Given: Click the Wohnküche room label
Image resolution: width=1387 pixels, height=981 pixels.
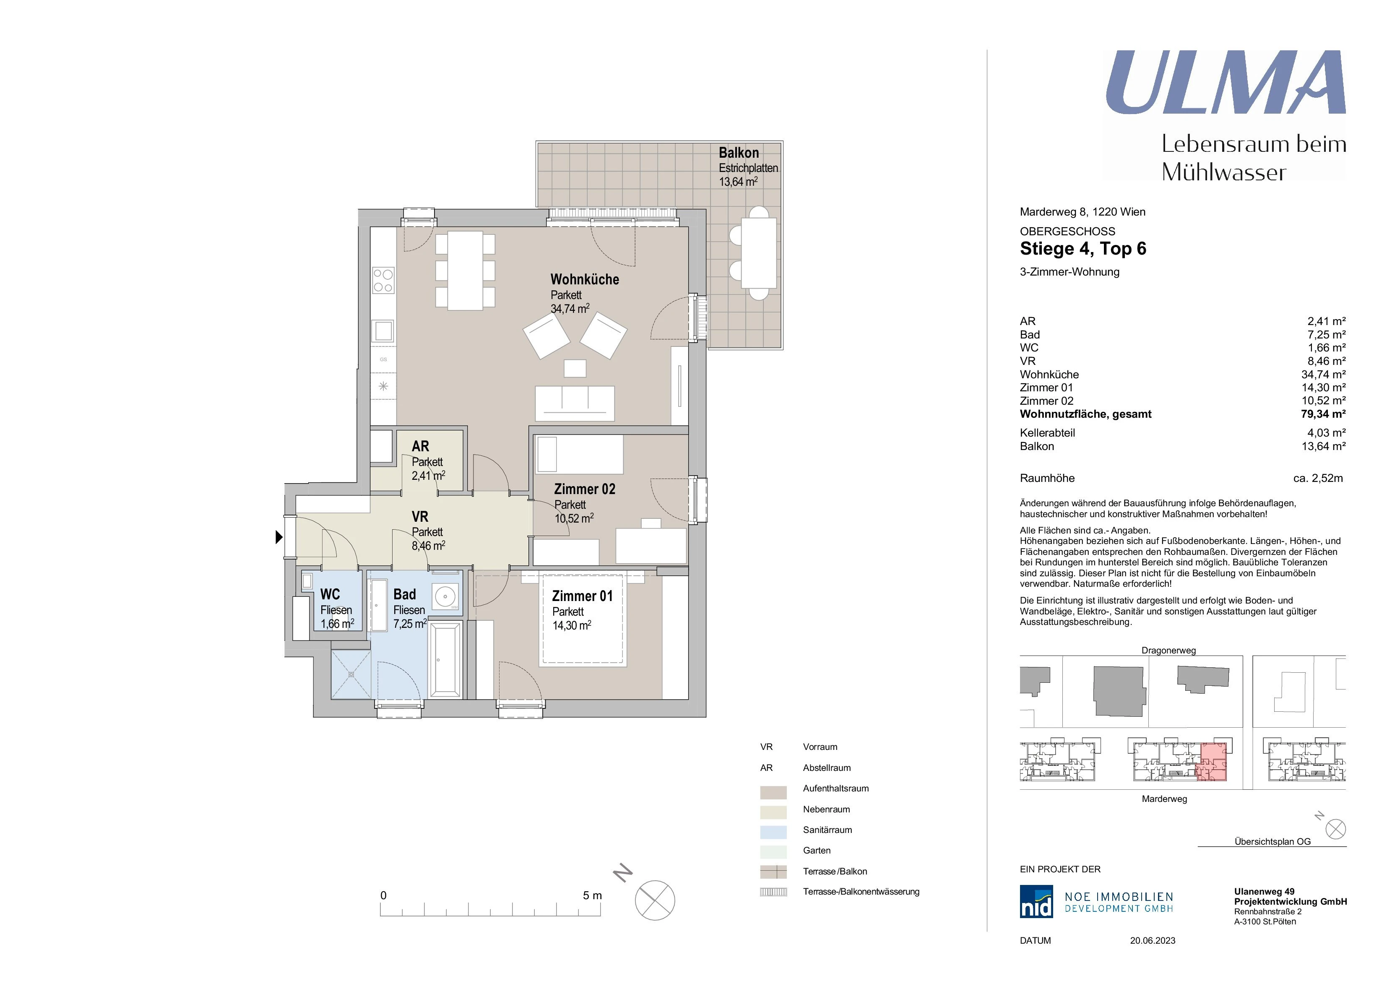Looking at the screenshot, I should tap(584, 280).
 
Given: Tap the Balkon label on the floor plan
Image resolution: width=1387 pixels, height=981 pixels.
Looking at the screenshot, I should tap(738, 153).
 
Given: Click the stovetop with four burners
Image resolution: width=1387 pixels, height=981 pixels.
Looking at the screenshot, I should tap(383, 280).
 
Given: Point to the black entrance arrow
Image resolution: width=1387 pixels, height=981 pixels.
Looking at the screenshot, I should tap(279, 536).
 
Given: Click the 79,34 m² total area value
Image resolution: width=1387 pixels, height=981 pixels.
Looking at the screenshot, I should tap(1323, 414).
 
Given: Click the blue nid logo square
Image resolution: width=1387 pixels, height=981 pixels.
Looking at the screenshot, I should tap(1036, 902).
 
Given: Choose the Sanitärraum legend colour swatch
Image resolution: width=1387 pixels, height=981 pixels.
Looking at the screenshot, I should tap(773, 832).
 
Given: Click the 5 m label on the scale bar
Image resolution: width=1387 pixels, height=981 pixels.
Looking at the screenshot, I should tap(592, 896).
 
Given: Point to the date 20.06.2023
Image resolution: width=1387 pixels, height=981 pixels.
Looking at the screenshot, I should tap(1152, 941).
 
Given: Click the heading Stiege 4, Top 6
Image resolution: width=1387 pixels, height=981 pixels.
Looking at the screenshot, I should tap(1083, 249).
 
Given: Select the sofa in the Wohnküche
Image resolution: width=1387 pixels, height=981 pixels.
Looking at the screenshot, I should tap(575, 403).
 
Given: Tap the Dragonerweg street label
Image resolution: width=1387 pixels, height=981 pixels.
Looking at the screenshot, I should tap(1168, 651).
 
